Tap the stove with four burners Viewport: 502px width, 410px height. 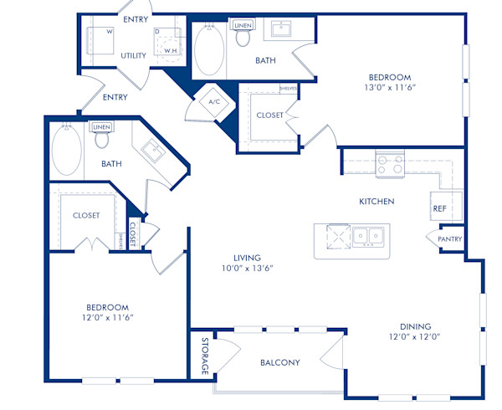[x=389, y=164]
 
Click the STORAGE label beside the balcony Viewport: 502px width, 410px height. [x=204, y=356]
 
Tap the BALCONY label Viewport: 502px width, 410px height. [x=279, y=362]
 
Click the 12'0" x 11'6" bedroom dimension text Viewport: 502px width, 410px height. [x=106, y=318]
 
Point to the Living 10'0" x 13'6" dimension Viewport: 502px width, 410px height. [x=247, y=269]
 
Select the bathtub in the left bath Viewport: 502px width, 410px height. [x=66, y=151]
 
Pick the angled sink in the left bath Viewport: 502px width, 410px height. [x=152, y=151]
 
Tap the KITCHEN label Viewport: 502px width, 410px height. [x=376, y=202]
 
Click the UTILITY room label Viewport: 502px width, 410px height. [x=134, y=56]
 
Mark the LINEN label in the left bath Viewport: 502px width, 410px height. [x=101, y=127]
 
